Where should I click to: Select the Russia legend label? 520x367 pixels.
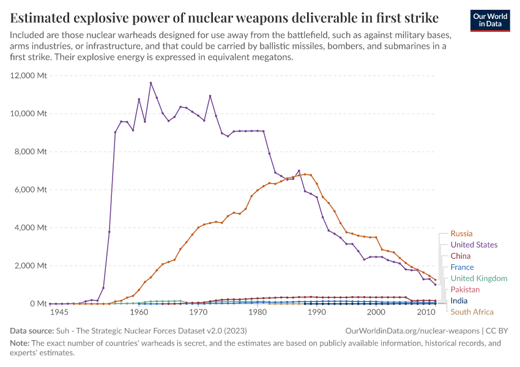(461, 233)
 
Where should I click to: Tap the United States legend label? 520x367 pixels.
(474, 245)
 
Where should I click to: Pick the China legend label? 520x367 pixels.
(461, 256)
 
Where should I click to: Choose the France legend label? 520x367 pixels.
(462, 267)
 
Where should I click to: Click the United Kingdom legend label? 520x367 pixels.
(479, 278)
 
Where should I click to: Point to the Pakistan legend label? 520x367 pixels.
(465, 289)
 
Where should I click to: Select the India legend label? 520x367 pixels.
(459, 301)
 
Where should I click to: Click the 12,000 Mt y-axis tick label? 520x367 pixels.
(29, 76)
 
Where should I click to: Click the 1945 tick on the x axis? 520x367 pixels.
(59, 313)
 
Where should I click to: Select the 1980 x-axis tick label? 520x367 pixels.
(258, 313)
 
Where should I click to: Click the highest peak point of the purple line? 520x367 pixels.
(150, 83)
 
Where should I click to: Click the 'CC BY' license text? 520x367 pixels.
(498, 330)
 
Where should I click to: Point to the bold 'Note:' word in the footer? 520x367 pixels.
(21, 343)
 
